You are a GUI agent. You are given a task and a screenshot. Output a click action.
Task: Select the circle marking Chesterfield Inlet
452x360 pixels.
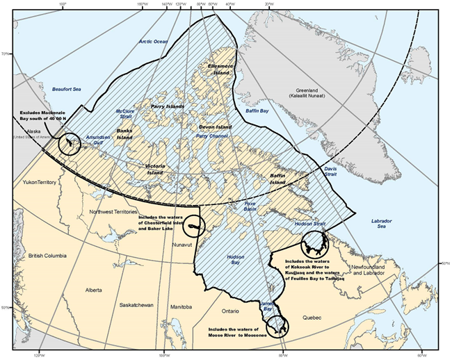[195, 226]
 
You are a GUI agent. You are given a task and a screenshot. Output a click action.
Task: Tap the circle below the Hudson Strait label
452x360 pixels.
[314, 243]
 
